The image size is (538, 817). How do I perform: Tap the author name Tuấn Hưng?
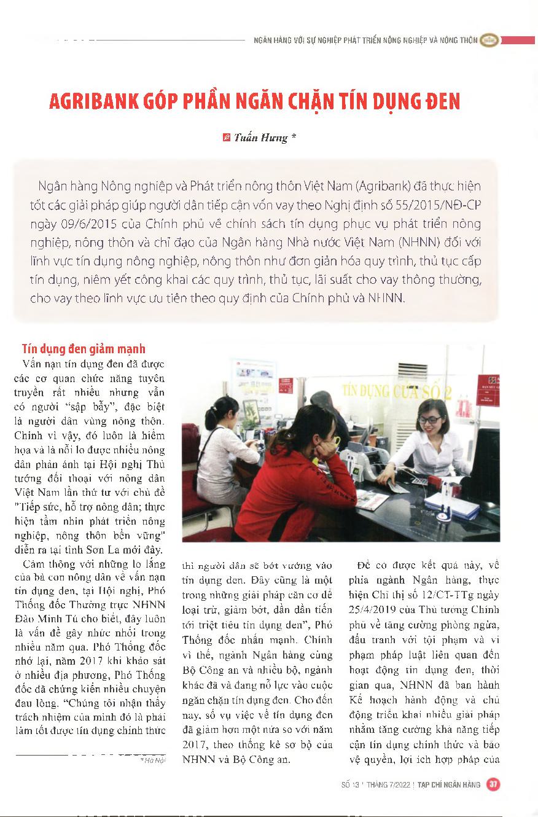pos(260,138)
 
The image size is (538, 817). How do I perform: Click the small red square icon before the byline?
pos(226,138)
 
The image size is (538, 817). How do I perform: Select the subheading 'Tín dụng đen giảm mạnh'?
pos(84,349)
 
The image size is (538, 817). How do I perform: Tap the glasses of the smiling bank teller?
pos(430,420)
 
